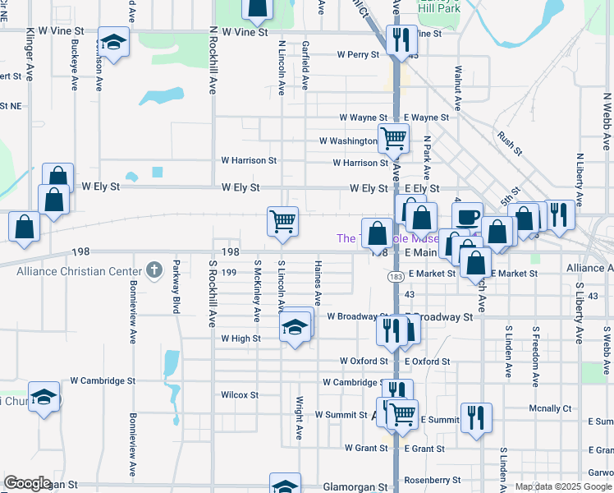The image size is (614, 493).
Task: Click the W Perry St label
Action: pyautogui.click(x=359, y=55)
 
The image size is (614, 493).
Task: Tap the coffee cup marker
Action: pyautogui.click(x=467, y=217)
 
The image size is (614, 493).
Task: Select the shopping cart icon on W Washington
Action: pyautogui.click(x=393, y=139)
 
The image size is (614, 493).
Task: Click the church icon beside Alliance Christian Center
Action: pyautogui.click(x=153, y=269)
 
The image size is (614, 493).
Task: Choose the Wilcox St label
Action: pyautogui.click(x=240, y=394)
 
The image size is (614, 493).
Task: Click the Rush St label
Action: pyautogui.click(x=510, y=145)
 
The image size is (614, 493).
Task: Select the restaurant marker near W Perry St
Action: pyautogui.click(x=400, y=41)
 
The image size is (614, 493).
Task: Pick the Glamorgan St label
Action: pyautogui.click(x=355, y=486)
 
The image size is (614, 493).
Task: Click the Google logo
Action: pyautogui.click(x=27, y=483)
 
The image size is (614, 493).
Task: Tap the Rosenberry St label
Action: pyautogui.click(x=433, y=480)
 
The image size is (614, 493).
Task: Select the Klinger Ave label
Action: pyautogui.click(x=30, y=53)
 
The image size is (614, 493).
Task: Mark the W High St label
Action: pyautogui.click(x=241, y=338)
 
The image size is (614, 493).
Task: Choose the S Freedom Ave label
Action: pyautogui.click(x=534, y=351)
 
